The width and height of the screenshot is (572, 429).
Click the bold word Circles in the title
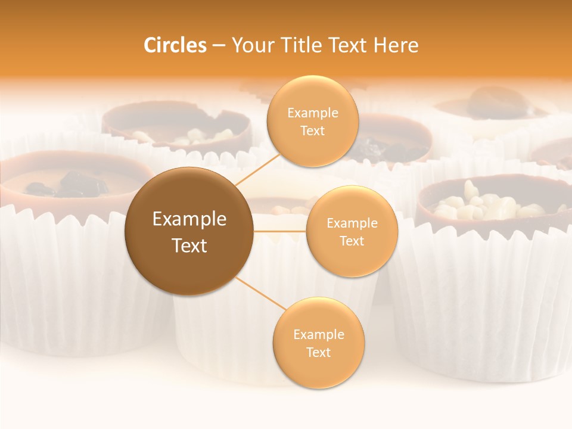pos(175,45)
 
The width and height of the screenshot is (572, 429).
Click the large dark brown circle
pos(189,231)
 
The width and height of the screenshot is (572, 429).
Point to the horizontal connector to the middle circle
pos(280,231)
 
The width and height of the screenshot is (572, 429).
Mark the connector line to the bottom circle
pos(260,294)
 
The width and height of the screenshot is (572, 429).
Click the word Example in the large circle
pos(189,219)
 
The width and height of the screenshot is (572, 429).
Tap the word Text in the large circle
pos(189,245)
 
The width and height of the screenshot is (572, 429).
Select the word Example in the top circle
pos(312,113)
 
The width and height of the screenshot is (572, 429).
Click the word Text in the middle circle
pos(352,241)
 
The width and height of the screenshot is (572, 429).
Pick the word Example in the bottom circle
pos(318,335)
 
